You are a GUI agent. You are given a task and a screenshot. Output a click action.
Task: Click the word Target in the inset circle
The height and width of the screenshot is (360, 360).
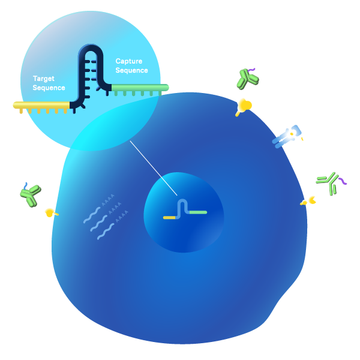(x=43, y=79)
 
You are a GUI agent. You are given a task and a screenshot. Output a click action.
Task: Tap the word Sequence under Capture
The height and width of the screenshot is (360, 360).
(x=132, y=70)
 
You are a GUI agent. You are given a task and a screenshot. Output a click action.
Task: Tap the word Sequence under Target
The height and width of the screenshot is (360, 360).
(x=49, y=88)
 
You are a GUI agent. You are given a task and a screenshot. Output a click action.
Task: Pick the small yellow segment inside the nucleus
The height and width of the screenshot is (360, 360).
(x=169, y=217)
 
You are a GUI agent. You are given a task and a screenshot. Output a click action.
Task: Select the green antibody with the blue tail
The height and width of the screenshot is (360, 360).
(x=30, y=194)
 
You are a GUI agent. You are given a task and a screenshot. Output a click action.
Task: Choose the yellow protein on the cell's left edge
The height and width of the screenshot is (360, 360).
(x=50, y=212)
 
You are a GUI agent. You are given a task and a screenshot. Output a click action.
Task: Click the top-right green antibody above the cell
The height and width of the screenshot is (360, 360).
(x=246, y=78)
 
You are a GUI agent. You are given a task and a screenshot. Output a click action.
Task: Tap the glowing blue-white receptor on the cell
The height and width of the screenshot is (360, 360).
(x=287, y=135)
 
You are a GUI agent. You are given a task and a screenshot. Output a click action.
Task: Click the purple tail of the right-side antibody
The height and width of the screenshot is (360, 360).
(x=342, y=181)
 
